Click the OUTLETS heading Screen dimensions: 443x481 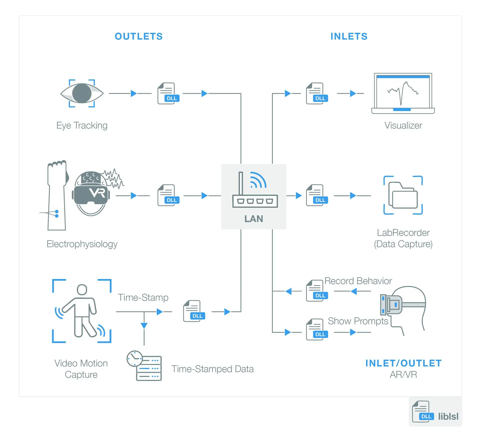coord(139,37)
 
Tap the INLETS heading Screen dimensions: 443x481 coord(349,37)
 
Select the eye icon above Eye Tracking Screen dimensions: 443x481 coord(82,93)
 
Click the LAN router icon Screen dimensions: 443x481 coord(255,190)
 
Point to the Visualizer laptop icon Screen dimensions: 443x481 coord(403,93)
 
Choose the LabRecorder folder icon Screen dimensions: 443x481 coord(403,195)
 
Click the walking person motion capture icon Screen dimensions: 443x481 coord(82,311)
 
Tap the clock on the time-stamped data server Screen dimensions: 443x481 coord(135,359)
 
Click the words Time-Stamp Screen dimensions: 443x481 coord(143,298)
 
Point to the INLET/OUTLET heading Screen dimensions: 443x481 coord(403,363)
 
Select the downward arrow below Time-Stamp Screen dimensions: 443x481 coord(144,326)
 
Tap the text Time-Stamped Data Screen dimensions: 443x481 coord(212,369)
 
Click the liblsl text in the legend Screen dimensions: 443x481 coord(448,416)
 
